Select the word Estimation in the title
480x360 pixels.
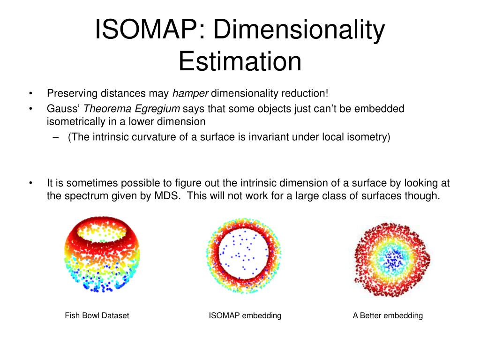point(240,61)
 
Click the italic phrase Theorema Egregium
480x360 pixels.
point(132,109)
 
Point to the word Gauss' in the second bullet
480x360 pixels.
point(63,109)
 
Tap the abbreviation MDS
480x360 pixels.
point(167,196)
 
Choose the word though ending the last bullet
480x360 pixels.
point(426,196)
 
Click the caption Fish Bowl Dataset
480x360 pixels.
point(97,315)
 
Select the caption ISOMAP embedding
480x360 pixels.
point(245,315)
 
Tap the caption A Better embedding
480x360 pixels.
point(388,315)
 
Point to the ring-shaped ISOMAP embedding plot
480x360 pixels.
point(244,253)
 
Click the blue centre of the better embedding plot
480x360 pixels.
point(392,257)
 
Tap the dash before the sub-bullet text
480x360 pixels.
point(56,137)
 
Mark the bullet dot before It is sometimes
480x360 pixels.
point(30,183)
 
